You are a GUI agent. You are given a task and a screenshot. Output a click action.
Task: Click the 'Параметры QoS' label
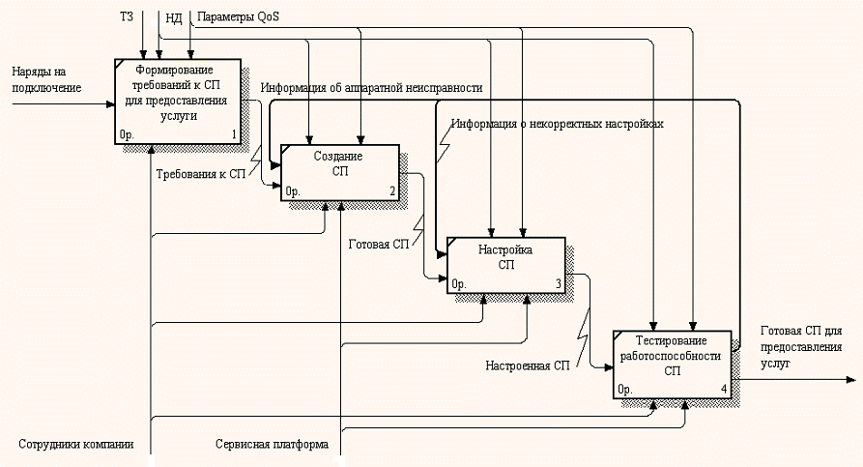click(237, 17)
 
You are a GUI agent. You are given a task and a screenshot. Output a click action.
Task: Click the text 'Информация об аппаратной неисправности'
click(371, 88)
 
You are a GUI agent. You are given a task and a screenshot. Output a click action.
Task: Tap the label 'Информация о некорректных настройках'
click(561, 124)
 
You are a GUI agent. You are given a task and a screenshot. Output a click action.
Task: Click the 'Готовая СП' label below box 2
click(379, 244)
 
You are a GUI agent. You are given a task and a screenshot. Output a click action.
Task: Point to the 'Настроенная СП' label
click(528, 365)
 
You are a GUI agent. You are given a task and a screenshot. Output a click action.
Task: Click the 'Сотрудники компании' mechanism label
click(75, 446)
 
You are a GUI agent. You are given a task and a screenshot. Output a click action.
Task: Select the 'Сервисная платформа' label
click(272, 446)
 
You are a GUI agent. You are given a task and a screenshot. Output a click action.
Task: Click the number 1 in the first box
click(233, 134)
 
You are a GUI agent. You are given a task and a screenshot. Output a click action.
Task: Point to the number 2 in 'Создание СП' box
click(392, 191)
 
